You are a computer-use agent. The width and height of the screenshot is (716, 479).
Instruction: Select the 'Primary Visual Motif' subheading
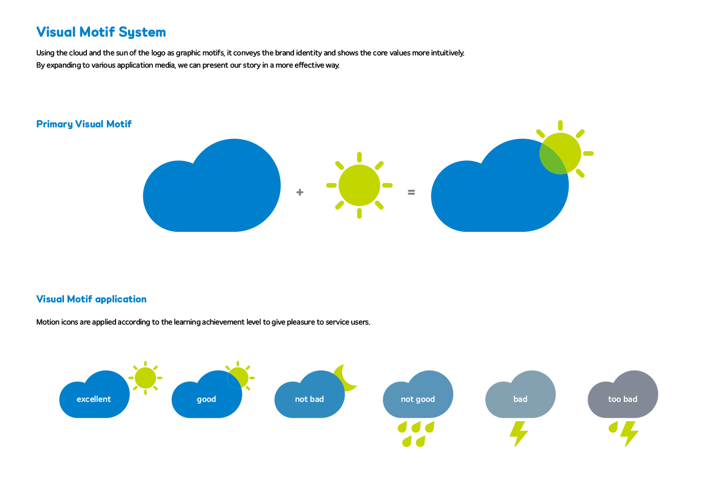pos(84,124)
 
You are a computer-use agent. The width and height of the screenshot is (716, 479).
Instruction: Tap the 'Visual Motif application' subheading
pos(92,299)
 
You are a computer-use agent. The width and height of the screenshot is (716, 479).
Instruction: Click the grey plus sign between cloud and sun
pos(300,192)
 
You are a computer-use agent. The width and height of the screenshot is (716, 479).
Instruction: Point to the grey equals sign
pos(411,192)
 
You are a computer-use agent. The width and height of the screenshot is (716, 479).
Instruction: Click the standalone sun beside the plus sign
pos(359,185)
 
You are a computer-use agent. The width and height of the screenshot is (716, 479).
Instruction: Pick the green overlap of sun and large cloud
pos(552,159)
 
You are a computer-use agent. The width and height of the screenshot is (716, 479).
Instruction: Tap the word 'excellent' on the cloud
pos(94,399)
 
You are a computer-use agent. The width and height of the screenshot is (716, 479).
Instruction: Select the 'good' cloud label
pos(207,399)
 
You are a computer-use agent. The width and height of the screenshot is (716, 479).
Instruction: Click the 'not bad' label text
pos(309,399)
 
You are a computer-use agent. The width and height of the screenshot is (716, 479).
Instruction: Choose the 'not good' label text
pos(418,399)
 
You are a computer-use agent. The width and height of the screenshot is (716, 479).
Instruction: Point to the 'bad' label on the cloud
pos(521,399)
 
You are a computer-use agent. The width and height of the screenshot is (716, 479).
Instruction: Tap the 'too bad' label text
pos(623,399)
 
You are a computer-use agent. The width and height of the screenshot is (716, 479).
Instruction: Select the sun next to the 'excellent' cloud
pos(145,378)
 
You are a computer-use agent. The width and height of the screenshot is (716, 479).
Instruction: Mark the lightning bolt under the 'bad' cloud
pos(519,434)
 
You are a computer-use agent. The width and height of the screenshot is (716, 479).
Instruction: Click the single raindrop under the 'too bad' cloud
pos(613,427)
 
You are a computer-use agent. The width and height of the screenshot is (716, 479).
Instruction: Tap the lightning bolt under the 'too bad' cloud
pos(629,434)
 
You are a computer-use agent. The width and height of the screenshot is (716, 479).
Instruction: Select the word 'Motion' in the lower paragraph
pos(48,322)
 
